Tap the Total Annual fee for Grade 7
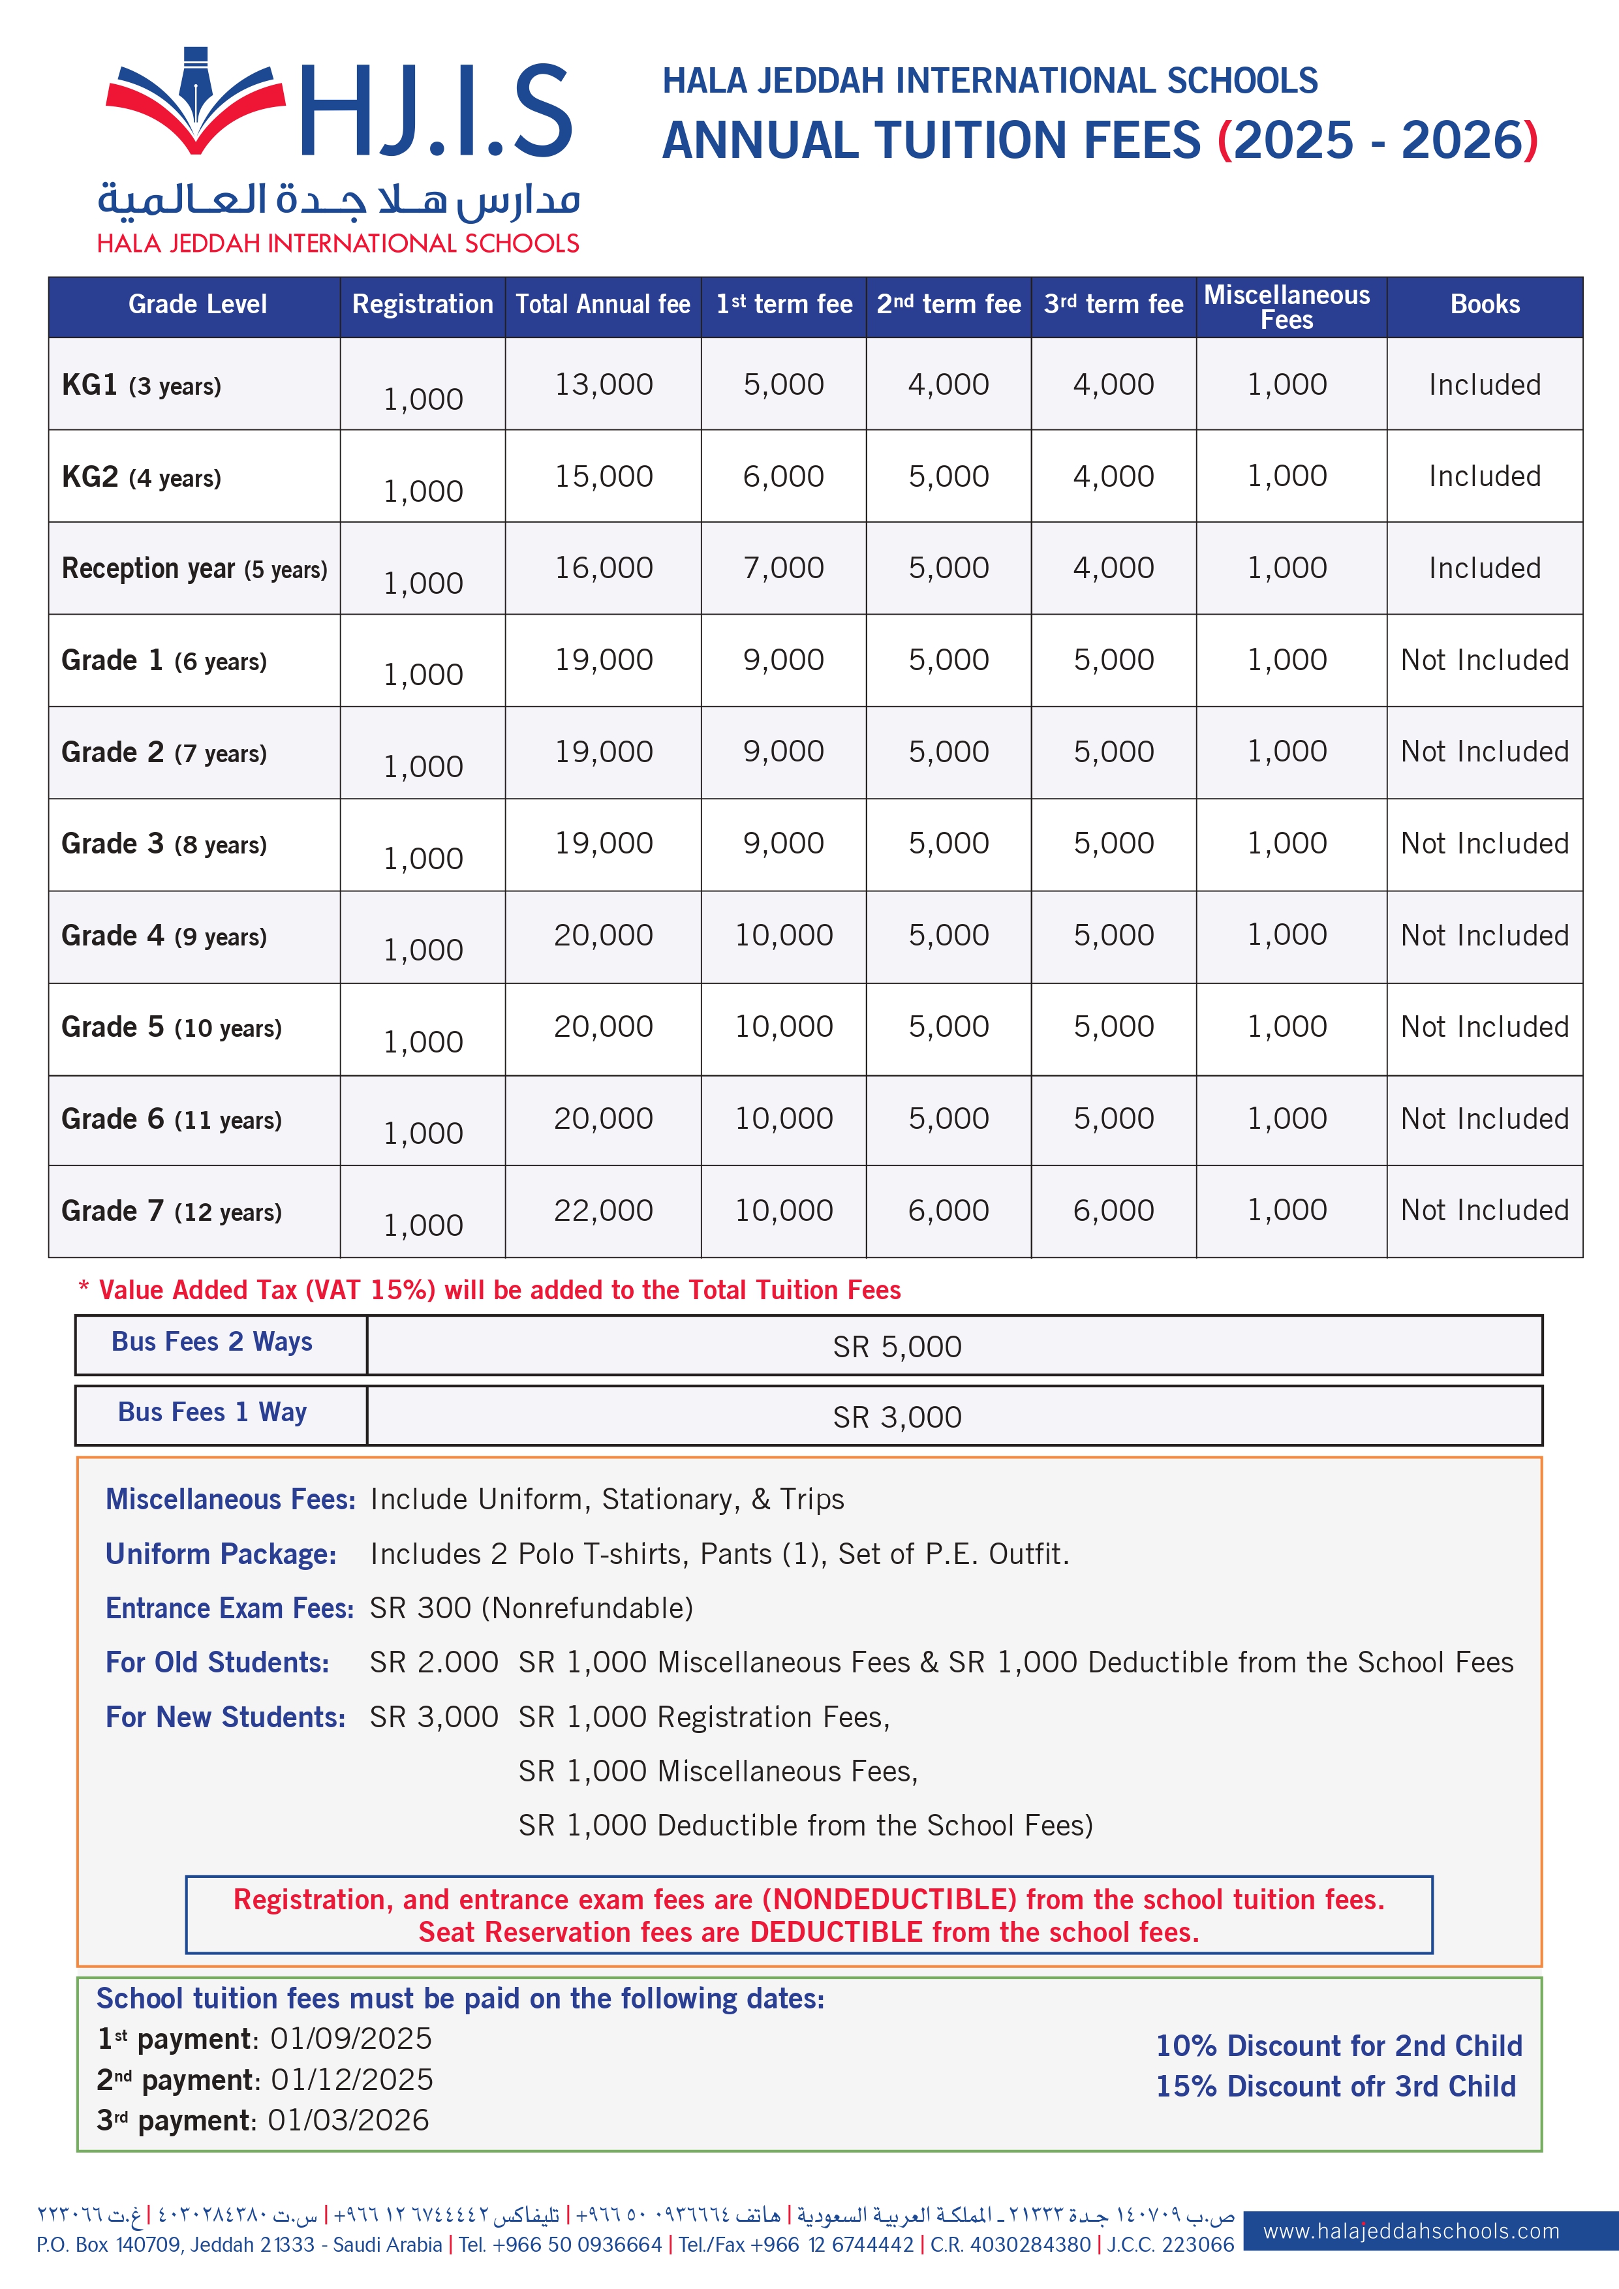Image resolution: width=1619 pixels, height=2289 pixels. tap(603, 1210)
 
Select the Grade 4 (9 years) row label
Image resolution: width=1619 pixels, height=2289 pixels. tap(164, 936)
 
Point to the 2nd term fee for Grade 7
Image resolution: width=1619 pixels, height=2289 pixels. tap(948, 1210)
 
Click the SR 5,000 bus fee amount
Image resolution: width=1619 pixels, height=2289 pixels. tap(897, 1347)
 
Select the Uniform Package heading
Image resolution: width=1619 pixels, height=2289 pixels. tap(221, 1554)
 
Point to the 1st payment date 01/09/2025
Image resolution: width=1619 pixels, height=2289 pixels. tap(351, 2039)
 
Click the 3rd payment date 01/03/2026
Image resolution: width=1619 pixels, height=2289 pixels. tap(348, 2121)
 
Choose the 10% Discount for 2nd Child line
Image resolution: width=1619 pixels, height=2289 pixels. tap(1338, 2046)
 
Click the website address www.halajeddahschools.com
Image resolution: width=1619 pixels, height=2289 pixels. tap(1411, 2231)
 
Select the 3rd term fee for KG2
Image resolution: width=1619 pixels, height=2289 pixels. tap(1113, 476)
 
